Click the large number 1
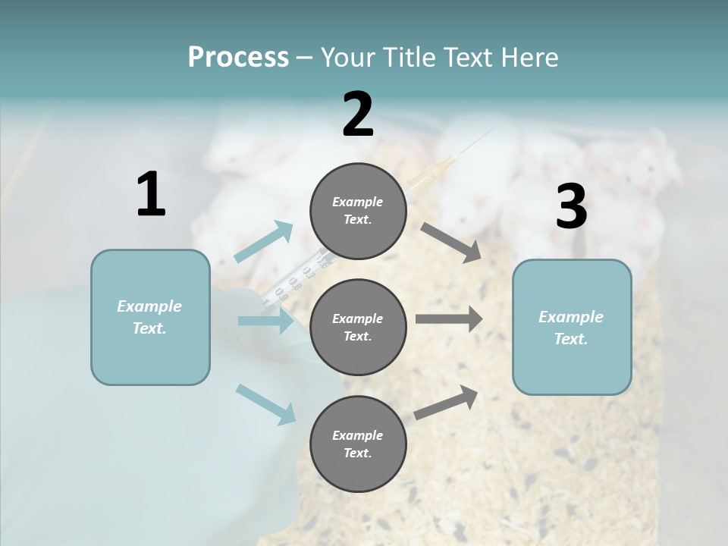tap(151, 195)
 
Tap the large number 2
tap(358, 115)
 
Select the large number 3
tap(571, 207)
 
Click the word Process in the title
tap(238, 57)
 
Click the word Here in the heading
tap(529, 57)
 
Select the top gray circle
tap(358, 211)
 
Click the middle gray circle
tap(358, 328)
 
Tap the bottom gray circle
tap(358, 444)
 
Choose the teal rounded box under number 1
tap(150, 317)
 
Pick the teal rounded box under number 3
tap(572, 328)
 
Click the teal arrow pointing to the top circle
tap(265, 242)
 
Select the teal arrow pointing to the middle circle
tap(266, 322)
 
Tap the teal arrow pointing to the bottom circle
tap(266, 404)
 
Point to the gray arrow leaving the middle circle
tap(449, 319)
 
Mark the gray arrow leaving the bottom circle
tap(447, 403)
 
